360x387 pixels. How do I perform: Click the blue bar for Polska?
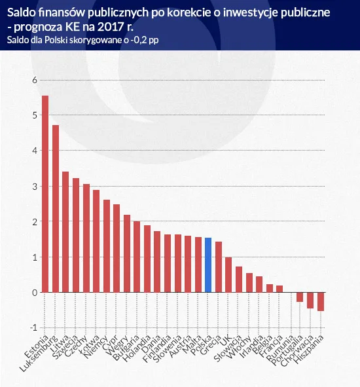pyautogui.click(x=208, y=265)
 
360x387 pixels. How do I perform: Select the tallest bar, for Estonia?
pyautogui.click(x=45, y=194)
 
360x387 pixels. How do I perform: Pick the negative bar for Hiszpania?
pyautogui.click(x=321, y=301)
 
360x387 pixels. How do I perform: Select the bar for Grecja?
pyautogui.click(x=219, y=267)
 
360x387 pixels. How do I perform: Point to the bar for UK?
pyautogui.click(x=228, y=275)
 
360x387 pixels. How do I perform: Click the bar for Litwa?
pyautogui.click(x=65, y=232)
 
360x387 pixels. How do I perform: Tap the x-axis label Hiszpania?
pyautogui.click(x=310, y=350)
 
